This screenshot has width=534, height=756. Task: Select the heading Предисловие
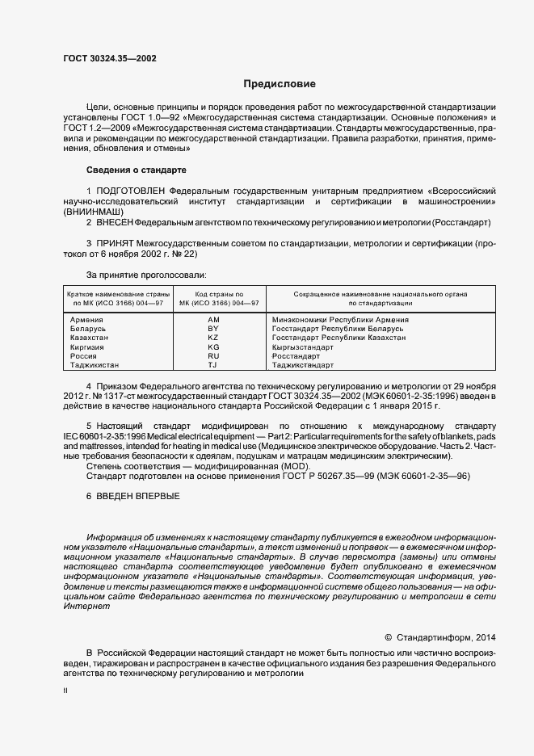(x=280, y=83)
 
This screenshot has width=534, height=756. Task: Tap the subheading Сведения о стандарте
(x=136, y=170)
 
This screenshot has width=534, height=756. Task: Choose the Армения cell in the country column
(x=87, y=320)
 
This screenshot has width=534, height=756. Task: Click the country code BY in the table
(x=213, y=329)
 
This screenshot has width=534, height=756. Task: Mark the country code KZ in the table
(x=213, y=338)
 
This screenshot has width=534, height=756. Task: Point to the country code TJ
(x=213, y=365)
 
